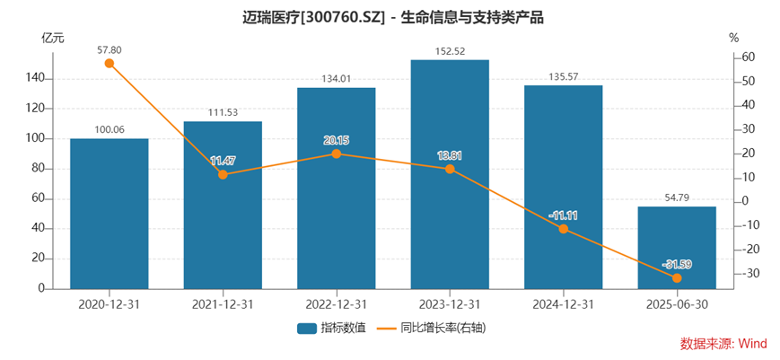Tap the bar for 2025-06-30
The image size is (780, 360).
[x=677, y=248]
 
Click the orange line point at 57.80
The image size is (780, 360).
[x=110, y=63]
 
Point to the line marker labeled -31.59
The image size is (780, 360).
[x=677, y=277]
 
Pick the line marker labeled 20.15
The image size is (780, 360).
[x=337, y=154]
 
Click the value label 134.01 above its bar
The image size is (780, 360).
[x=337, y=79]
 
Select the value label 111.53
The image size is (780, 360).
[x=223, y=112]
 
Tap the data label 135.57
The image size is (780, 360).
[x=564, y=77]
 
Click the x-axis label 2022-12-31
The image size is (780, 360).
[x=337, y=304]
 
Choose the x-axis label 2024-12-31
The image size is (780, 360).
[x=564, y=304]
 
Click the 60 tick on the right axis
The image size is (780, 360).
[x=749, y=57]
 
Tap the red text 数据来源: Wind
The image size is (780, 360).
[x=723, y=344]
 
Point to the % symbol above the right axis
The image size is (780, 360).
[x=733, y=38]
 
